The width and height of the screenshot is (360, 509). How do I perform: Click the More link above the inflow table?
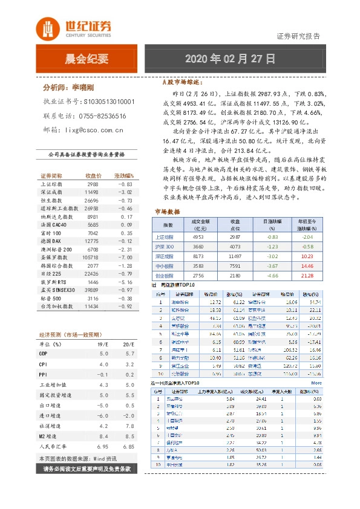point(316,383)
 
